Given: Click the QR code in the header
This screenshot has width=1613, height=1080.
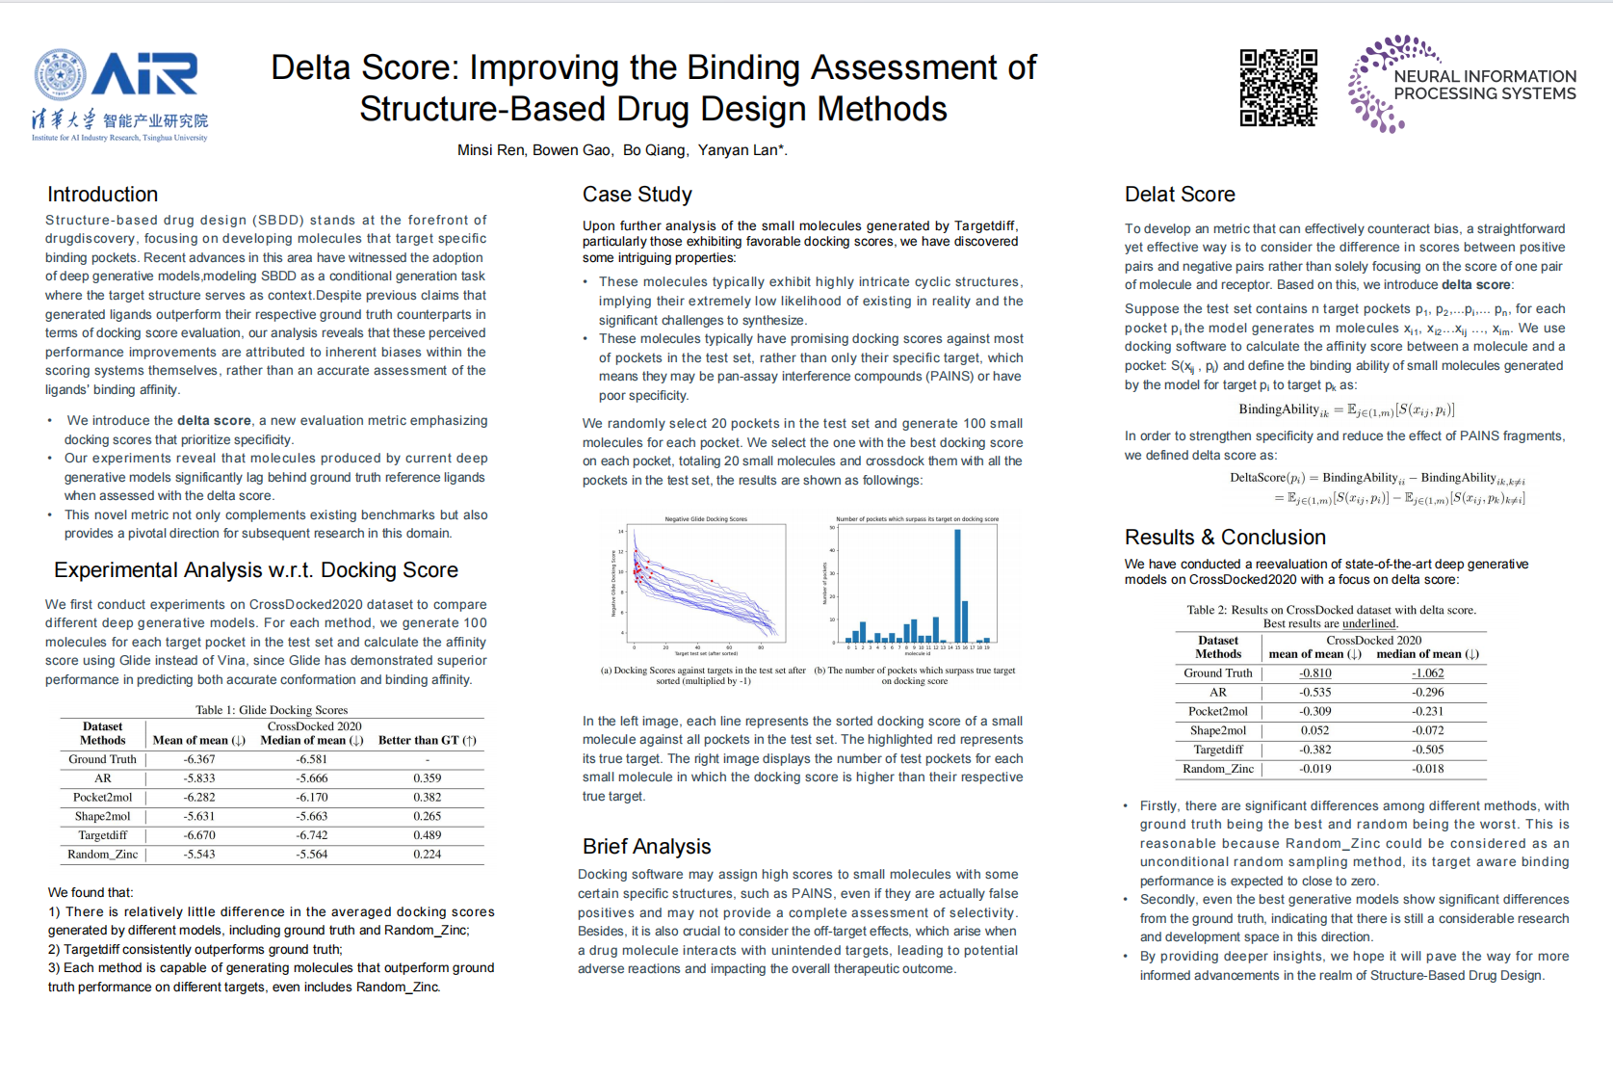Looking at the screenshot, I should pyautogui.click(x=1278, y=88).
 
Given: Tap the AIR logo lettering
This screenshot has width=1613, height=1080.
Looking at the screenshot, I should pyautogui.click(x=145, y=74).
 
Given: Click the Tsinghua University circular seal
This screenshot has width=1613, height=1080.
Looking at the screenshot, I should pyautogui.click(x=60, y=75).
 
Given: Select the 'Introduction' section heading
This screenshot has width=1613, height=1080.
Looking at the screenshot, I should pyautogui.click(x=102, y=195).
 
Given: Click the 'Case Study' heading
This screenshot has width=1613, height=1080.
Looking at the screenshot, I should pyautogui.click(x=637, y=195).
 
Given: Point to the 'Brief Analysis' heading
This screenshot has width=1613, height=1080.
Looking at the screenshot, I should pyautogui.click(x=646, y=846).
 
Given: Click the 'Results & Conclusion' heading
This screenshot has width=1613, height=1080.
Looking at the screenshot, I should pyautogui.click(x=1225, y=538).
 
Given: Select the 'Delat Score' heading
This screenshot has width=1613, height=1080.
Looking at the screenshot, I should pyautogui.click(x=1180, y=195).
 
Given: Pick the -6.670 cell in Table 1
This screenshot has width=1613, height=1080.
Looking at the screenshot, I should pyautogui.click(x=199, y=835).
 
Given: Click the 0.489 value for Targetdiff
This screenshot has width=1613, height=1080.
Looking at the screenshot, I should pyautogui.click(x=428, y=835).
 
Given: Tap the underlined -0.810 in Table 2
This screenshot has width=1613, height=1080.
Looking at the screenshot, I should pyautogui.click(x=1315, y=673).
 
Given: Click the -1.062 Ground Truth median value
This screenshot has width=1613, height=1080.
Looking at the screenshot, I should pyautogui.click(x=1428, y=673).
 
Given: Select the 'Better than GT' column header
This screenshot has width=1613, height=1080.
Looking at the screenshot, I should pyautogui.click(x=428, y=740).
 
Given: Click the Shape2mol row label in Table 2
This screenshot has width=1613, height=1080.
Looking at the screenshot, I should pyautogui.click(x=1218, y=730).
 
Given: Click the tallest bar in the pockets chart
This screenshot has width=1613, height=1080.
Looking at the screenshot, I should pyautogui.click(x=957, y=586).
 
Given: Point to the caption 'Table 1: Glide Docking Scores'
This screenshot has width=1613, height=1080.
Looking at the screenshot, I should pyautogui.click(x=272, y=710).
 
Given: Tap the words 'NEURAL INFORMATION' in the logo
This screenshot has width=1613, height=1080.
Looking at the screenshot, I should pyautogui.click(x=1485, y=76).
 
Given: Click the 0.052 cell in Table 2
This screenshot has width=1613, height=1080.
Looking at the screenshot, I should pyautogui.click(x=1315, y=730).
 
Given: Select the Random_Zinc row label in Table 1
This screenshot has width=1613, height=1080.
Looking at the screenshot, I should pyautogui.click(x=102, y=855).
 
